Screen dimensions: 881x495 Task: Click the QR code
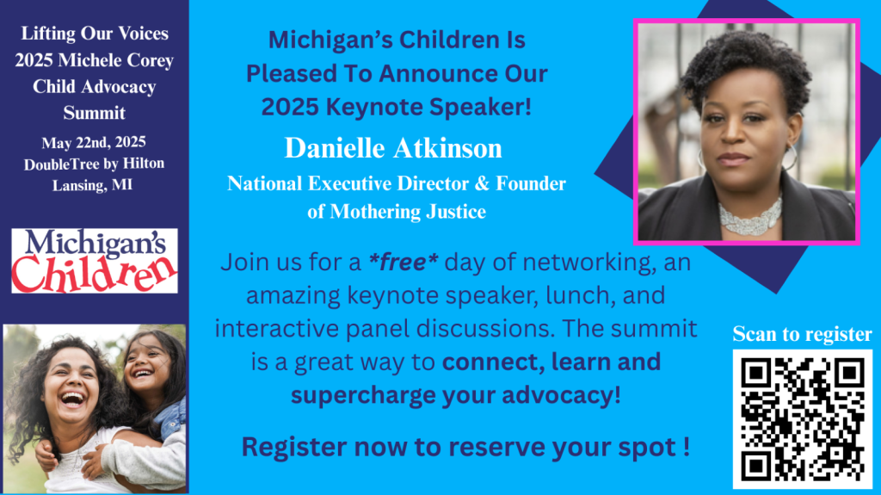803,419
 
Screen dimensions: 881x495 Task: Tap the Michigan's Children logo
95,261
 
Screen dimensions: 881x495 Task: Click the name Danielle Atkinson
393,148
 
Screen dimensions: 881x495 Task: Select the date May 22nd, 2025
94,142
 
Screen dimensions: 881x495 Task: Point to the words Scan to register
803,334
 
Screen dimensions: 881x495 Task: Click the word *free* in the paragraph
403,262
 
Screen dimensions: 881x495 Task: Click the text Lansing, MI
93,185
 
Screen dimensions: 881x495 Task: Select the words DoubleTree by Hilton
94,164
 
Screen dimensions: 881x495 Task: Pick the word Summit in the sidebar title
95,113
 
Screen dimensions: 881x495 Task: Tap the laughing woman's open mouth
73,399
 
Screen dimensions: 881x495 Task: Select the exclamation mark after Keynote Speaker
527,106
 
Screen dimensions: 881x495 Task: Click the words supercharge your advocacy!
456,395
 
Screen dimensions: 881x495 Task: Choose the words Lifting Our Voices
95,34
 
